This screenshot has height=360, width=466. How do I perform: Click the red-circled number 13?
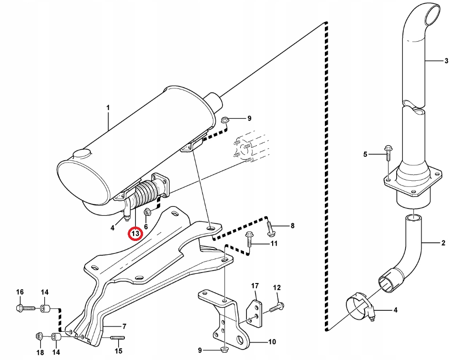[135, 234]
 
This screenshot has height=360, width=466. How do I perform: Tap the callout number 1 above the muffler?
[108, 108]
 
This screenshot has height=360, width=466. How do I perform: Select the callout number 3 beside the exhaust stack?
[446, 61]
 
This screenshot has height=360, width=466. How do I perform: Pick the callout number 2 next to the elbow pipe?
[443, 243]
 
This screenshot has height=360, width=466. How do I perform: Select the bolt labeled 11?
[249, 239]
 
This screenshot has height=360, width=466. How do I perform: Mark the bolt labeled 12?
[276, 307]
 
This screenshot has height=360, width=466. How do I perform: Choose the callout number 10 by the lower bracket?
[272, 342]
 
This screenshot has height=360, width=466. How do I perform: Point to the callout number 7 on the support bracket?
[124, 327]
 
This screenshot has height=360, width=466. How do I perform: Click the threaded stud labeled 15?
[117, 338]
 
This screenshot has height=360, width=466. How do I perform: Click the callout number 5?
[365, 154]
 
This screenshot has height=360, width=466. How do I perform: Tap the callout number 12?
[277, 287]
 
